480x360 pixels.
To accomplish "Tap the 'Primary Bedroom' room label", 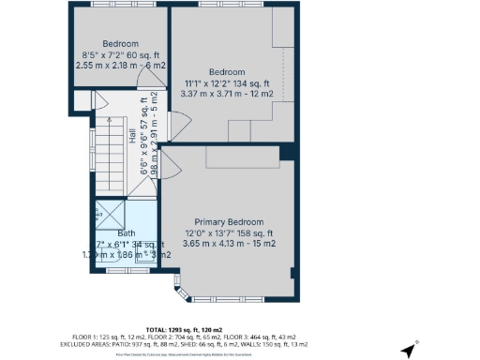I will click(x=228, y=221).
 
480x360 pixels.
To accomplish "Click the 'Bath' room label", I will click(x=127, y=233).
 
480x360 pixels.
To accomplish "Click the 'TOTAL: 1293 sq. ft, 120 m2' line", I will click(x=239, y=328).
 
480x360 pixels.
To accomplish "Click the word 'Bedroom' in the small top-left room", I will click(x=120, y=43).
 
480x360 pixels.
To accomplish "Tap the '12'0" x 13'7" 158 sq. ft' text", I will click(x=228, y=233).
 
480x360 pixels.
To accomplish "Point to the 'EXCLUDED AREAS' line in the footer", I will click(x=239, y=344).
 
